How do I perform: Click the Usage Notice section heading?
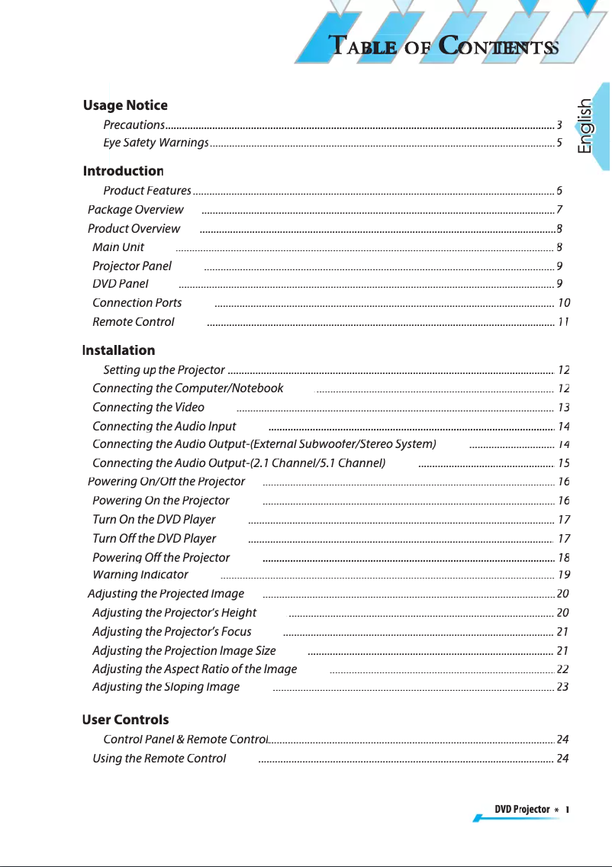tap(125, 105)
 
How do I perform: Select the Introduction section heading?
tap(123, 171)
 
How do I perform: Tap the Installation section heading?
tap(118, 350)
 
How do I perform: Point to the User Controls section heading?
tap(125, 720)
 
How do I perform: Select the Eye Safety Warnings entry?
tap(156, 143)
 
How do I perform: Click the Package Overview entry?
tap(135, 210)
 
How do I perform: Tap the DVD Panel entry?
tap(120, 284)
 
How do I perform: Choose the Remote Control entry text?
tap(133, 322)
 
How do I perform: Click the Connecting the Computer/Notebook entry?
tap(187, 388)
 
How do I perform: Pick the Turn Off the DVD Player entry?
tap(153, 539)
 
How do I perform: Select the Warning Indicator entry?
tap(140, 575)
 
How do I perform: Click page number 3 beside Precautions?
tap(559, 125)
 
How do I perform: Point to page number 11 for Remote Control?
tap(563, 322)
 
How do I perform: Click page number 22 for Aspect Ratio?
tap(563, 669)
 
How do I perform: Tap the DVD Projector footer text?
tap(522, 809)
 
